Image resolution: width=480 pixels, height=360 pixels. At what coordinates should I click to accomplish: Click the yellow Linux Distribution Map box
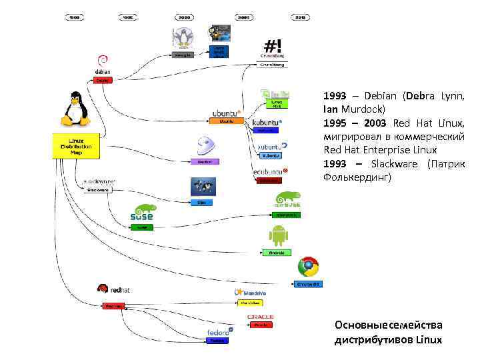click(75, 146)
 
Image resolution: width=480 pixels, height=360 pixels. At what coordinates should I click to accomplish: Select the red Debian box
click(103, 80)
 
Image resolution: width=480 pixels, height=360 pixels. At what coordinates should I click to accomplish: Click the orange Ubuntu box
click(226, 121)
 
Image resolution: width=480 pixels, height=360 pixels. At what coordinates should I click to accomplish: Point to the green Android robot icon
click(277, 235)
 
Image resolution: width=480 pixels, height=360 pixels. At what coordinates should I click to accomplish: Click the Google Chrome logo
click(308, 267)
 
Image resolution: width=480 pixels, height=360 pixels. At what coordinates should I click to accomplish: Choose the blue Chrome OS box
click(309, 284)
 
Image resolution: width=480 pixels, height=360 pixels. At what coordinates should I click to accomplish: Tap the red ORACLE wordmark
click(261, 317)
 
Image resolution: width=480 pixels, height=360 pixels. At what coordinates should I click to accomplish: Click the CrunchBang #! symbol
click(273, 46)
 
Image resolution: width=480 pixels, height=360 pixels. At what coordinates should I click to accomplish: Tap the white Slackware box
click(99, 189)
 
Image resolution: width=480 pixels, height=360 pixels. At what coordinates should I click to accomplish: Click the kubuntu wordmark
click(266, 123)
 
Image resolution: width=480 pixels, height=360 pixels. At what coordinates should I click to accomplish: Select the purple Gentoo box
click(205, 161)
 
